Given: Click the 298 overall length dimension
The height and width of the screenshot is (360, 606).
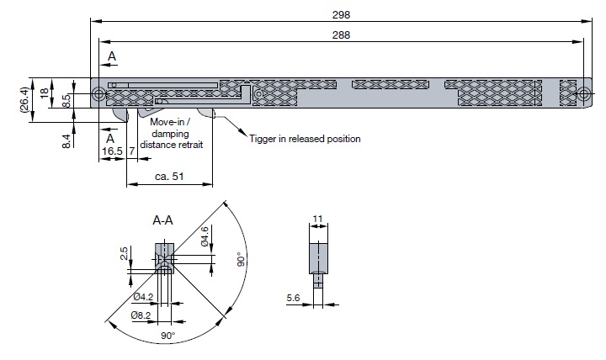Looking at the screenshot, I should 340,14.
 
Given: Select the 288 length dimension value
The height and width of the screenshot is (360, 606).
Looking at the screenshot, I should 340,34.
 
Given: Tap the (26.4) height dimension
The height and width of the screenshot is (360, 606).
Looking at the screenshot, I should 25,101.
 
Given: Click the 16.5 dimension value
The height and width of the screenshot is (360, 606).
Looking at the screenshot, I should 112,151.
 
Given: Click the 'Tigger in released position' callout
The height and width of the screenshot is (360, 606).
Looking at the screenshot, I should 305,139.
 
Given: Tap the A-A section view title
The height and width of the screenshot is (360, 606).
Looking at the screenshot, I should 162,220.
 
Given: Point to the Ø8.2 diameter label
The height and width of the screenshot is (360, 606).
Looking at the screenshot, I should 141,315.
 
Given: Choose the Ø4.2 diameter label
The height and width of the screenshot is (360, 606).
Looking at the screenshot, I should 142,297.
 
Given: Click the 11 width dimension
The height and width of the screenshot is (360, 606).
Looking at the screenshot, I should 317,220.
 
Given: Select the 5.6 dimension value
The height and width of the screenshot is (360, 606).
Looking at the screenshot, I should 292,298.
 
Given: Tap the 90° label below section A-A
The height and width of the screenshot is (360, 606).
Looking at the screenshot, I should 167,336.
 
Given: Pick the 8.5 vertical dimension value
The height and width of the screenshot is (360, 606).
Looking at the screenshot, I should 66,99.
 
